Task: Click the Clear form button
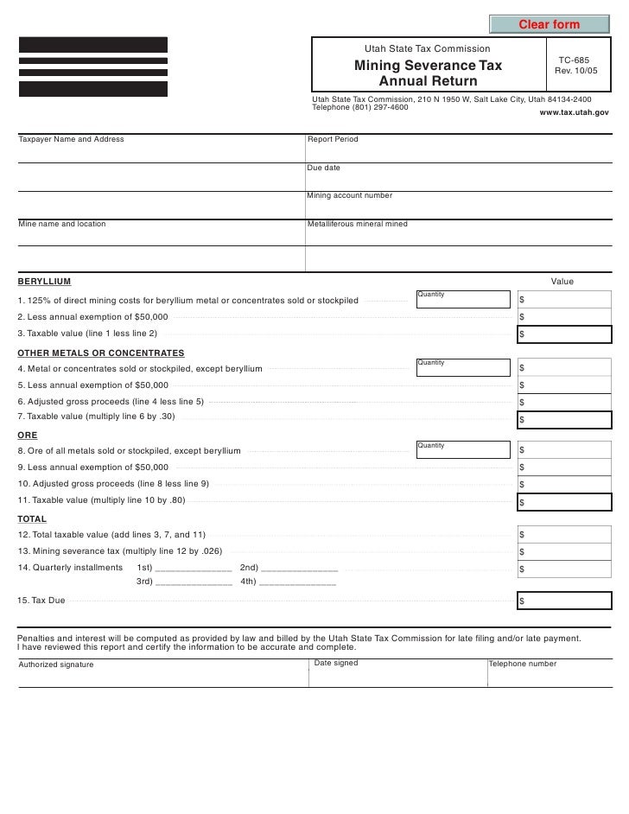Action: tap(548, 22)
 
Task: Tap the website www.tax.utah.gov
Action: tap(574, 113)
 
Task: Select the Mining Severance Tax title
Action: tap(428, 67)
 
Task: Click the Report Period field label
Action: tap(333, 139)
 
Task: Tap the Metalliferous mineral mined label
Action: tap(358, 224)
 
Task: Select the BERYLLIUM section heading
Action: tap(45, 282)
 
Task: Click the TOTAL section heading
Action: tap(32, 519)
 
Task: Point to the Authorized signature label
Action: tap(56, 665)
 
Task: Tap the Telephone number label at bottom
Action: tap(522, 664)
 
